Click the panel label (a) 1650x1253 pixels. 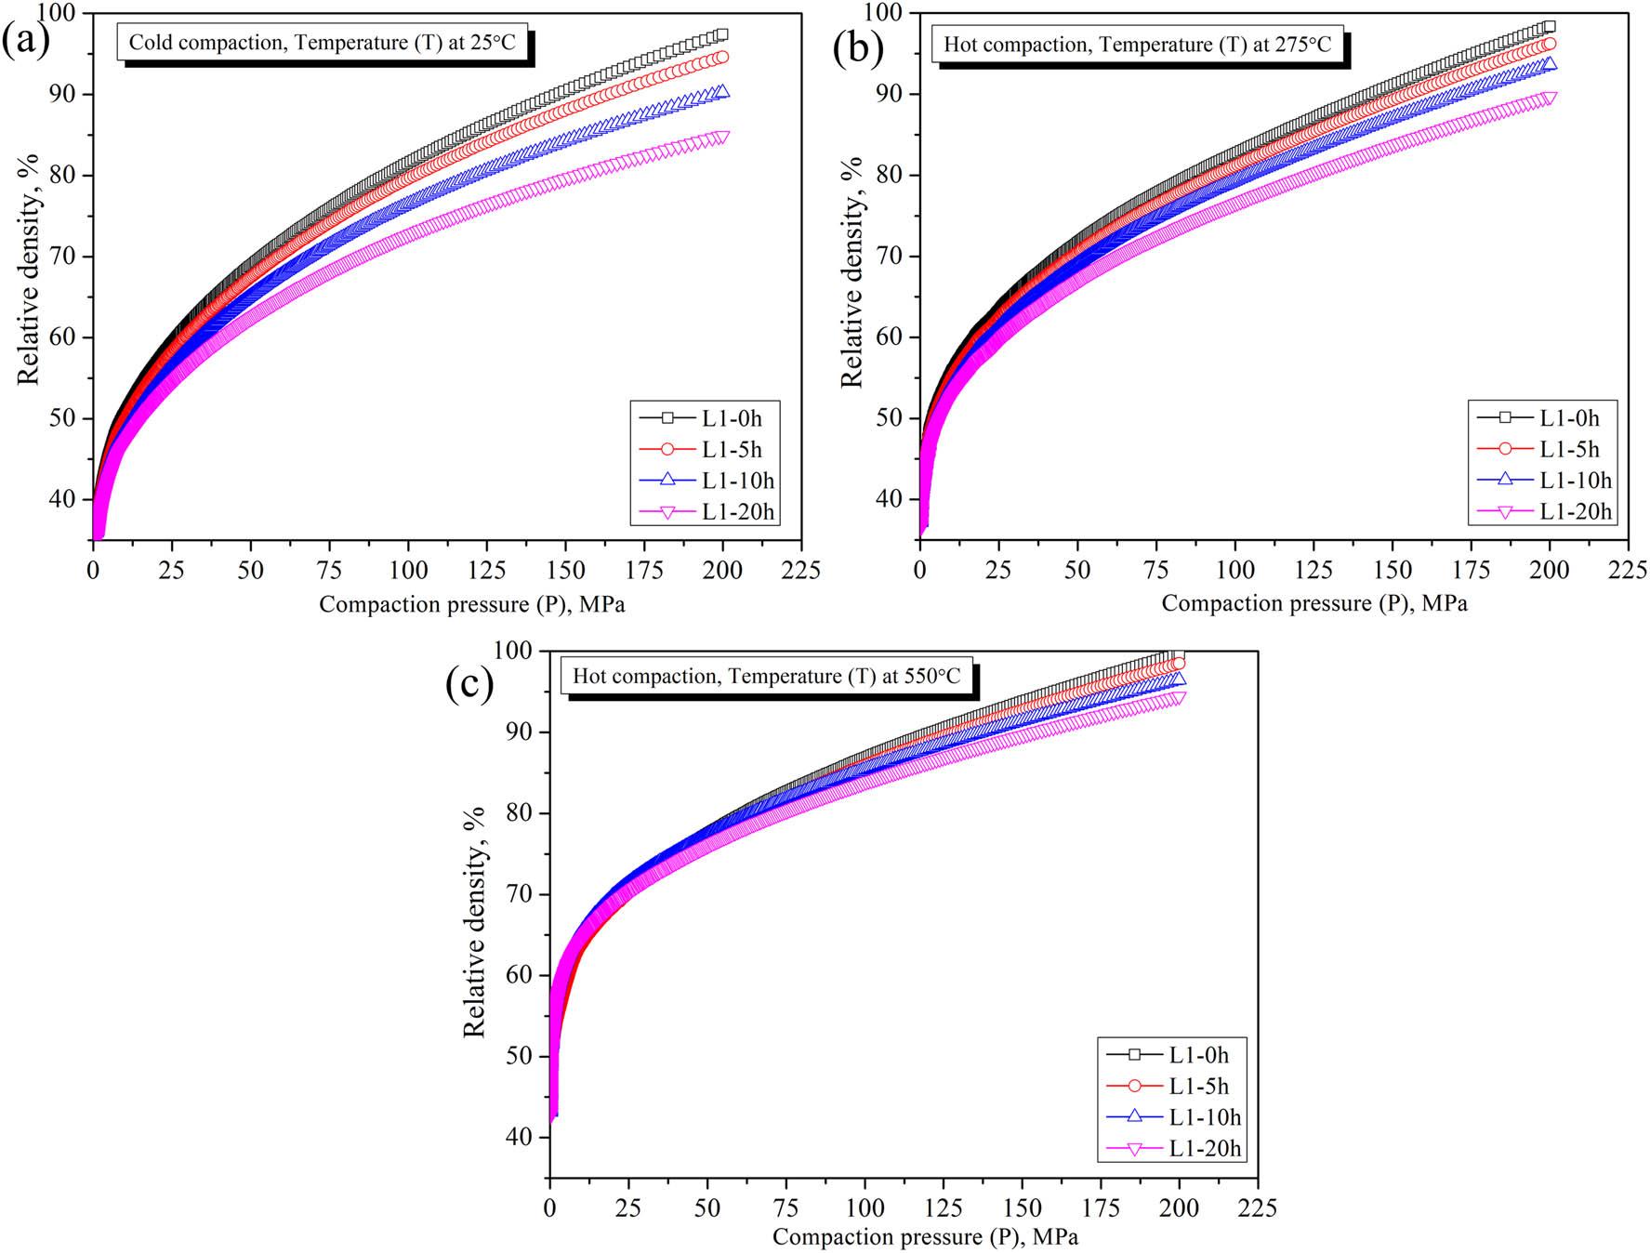coord(25,42)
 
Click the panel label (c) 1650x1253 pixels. coord(469,684)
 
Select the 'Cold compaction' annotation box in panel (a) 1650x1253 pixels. coord(322,42)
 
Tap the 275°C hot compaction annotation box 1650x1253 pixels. coord(1137,45)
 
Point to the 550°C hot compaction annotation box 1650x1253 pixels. coord(766,676)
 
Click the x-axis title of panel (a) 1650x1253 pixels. coord(472,604)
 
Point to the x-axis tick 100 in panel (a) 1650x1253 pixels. coord(408,570)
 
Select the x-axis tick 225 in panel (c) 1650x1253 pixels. coord(1257,1207)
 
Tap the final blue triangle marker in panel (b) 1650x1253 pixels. coord(1549,64)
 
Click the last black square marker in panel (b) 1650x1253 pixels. coord(1549,27)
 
